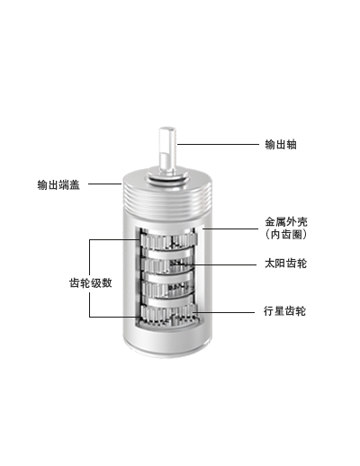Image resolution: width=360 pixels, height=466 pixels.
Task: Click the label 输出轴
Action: pyautogui.click(x=281, y=145)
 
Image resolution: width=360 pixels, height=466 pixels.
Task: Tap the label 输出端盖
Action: pyautogui.click(x=58, y=184)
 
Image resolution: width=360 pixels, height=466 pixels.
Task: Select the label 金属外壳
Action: pyautogui.click(x=286, y=222)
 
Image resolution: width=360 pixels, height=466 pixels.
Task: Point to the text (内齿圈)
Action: pyautogui.click(x=286, y=234)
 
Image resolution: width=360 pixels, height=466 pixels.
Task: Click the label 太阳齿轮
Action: pyautogui.click(x=286, y=264)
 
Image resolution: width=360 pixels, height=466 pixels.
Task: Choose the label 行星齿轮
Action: pyautogui.click(x=285, y=311)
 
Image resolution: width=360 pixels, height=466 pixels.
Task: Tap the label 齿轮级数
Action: pyautogui.click(x=91, y=282)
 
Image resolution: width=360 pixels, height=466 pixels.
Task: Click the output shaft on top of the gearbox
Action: pyautogui.click(x=166, y=150)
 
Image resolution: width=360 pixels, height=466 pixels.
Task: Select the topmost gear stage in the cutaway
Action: pyautogui.click(x=168, y=241)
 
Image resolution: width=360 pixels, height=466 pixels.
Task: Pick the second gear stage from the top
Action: pyautogui.click(x=166, y=264)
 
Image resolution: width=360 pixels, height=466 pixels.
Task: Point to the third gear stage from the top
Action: pyautogui.click(x=167, y=289)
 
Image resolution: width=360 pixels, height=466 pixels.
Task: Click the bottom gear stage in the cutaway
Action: pyautogui.click(x=168, y=313)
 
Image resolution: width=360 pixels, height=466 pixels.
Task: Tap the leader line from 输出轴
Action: pyautogui.click(x=218, y=144)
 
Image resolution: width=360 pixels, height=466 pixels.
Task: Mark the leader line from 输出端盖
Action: pyautogui.click(x=104, y=184)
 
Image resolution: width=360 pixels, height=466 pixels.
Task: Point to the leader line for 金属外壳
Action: pyautogui.click(x=230, y=229)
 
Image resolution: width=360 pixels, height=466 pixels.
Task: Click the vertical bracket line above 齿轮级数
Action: pyautogui.click(x=89, y=257)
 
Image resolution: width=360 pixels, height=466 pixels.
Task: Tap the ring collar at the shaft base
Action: pyautogui.click(x=166, y=179)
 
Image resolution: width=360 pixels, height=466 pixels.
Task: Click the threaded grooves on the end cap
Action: pyautogui.click(x=166, y=202)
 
